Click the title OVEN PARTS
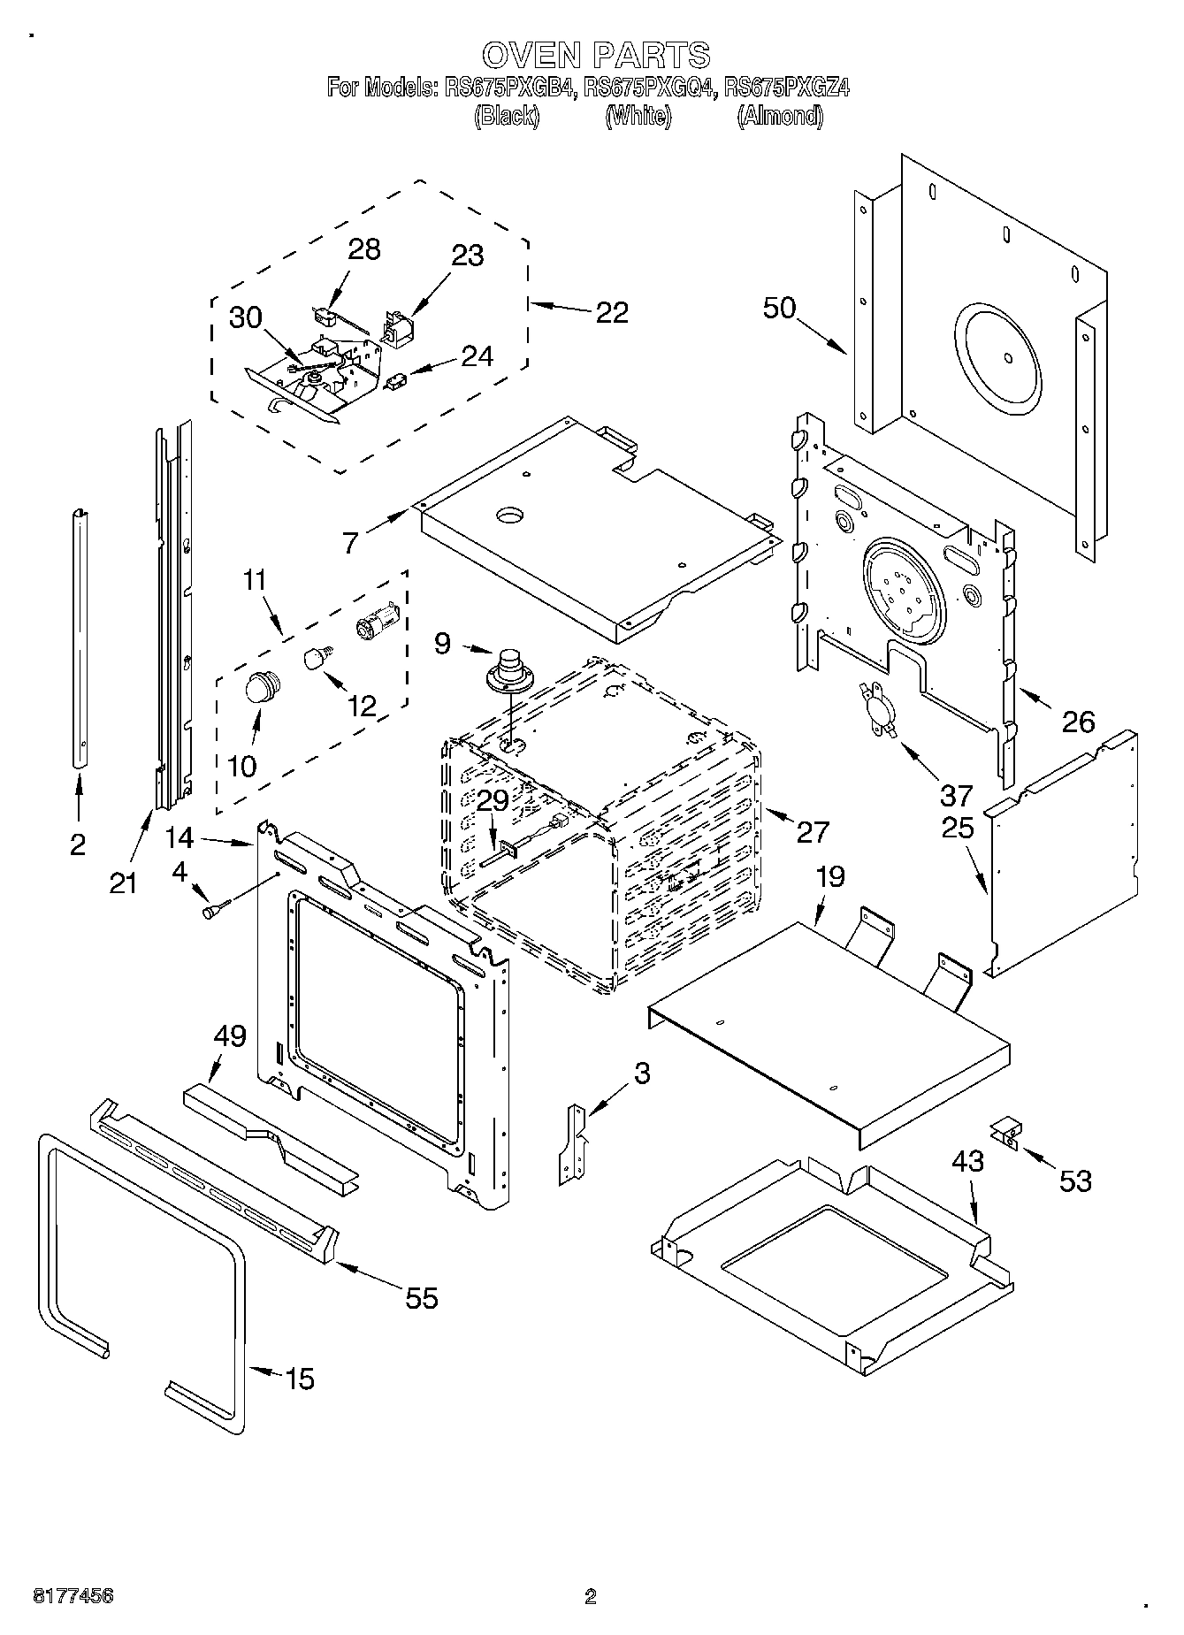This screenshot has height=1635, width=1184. [x=595, y=55]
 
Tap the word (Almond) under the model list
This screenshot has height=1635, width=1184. [x=780, y=116]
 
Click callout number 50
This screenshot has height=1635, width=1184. [x=780, y=309]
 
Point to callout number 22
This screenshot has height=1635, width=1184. [x=611, y=312]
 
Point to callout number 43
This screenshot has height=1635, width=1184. [x=968, y=1161]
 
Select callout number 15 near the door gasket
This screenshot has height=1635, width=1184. [x=300, y=1379]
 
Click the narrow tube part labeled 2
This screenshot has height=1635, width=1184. [x=80, y=637]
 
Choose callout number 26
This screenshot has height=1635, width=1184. [x=1078, y=722]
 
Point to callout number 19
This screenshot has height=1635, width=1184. [x=829, y=876]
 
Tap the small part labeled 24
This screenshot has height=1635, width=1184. [x=396, y=381]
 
